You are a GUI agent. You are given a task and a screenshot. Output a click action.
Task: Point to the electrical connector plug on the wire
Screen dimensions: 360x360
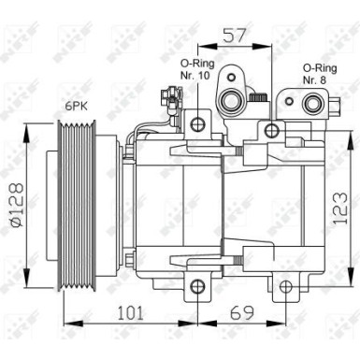coord(168,95)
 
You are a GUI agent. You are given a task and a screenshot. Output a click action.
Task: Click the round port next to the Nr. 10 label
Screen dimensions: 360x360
coord(229,102)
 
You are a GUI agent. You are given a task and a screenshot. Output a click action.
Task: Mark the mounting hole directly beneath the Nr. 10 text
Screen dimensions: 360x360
coord(197,124)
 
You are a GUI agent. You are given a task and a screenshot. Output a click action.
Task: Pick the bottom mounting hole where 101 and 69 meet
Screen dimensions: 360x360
coord(197,286)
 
